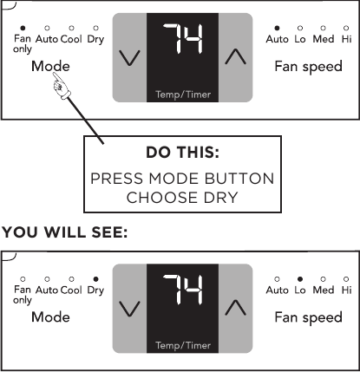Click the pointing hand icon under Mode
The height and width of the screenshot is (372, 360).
click(62, 86)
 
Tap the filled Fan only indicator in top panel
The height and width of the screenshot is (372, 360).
click(23, 28)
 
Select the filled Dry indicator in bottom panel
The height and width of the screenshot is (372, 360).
click(95, 279)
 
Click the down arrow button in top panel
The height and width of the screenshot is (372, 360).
click(129, 57)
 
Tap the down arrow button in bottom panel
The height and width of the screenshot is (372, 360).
click(129, 309)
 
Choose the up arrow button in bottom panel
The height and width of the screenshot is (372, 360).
click(235, 309)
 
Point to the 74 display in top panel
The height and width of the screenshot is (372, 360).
click(183, 39)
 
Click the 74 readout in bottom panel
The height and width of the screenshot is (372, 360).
click(183, 290)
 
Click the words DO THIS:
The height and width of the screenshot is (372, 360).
click(182, 153)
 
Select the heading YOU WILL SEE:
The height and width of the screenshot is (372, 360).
click(65, 232)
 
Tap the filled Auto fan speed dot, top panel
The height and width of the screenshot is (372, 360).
click(277, 28)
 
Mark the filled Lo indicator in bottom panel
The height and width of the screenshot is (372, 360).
click(300, 279)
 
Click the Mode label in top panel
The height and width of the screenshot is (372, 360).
click(50, 66)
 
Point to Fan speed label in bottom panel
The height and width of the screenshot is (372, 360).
click(309, 317)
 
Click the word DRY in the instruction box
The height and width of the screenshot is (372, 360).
click(221, 198)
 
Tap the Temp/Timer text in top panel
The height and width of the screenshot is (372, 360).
click(183, 95)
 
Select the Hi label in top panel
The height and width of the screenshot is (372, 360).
click(346, 39)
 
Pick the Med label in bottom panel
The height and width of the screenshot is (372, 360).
click(324, 290)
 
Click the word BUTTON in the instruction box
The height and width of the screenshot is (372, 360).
click(239, 179)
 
